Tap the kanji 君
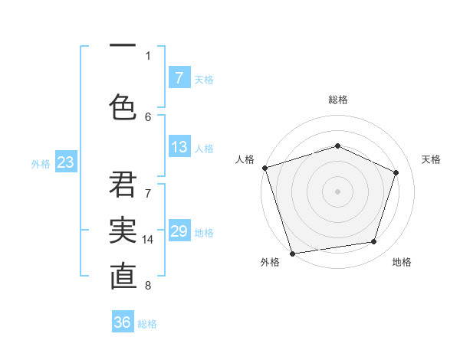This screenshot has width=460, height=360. [123, 185]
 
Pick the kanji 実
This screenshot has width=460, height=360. [123, 231]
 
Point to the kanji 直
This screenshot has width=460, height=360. [123, 277]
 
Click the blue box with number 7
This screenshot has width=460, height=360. [179, 78]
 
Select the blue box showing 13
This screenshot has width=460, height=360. [179, 147]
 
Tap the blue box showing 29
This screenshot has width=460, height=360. [179, 231]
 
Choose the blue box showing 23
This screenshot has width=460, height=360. [65, 162]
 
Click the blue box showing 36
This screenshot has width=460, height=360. [123, 322]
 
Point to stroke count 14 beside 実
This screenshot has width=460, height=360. [148, 240]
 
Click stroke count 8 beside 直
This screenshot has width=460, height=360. [148, 286]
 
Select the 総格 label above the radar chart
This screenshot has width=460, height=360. [338, 100]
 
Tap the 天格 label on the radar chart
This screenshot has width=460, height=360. [431, 159]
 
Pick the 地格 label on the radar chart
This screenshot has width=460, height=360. [402, 262]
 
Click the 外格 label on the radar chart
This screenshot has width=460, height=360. [270, 262]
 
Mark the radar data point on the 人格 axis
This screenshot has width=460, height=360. [264, 168]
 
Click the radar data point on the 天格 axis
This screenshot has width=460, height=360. [396, 172]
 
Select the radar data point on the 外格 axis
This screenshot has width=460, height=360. [292, 253]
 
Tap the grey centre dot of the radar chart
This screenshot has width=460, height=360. [337, 191]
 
